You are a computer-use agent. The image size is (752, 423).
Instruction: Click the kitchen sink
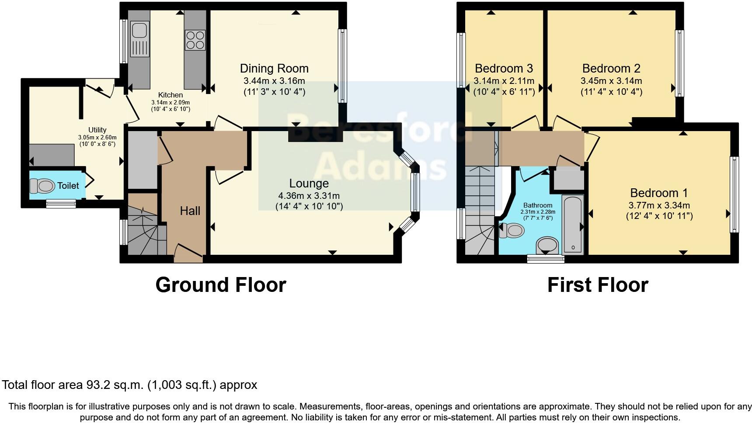click(139, 31)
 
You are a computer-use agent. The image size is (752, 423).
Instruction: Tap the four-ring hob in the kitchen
click(195, 39)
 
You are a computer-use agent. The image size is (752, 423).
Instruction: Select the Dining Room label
click(274, 69)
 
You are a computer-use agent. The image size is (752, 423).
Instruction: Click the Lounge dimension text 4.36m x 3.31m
click(309, 196)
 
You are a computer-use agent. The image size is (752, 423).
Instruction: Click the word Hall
click(190, 211)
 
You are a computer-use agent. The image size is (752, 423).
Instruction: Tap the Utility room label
click(97, 130)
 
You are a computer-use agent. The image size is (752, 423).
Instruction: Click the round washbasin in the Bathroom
click(547, 245)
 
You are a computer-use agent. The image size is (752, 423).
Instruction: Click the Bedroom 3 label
click(504, 69)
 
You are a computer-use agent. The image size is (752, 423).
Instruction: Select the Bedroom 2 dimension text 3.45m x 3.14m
click(611, 81)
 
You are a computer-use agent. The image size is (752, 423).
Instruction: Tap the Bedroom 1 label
click(659, 193)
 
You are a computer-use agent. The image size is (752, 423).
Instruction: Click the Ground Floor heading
click(220, 285)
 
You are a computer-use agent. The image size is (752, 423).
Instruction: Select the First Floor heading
click(597, 285)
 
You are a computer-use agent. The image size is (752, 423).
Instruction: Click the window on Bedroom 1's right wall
click(735, 194)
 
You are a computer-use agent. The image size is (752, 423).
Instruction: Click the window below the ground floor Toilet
click(61, 203)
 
